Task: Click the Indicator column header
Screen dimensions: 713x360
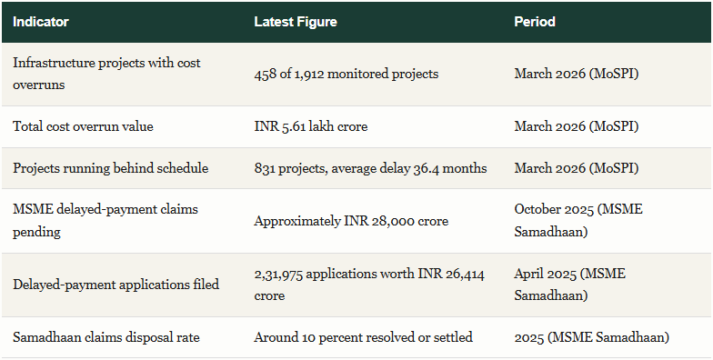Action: (x=40, y=22)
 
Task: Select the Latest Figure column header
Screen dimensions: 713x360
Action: (x=296, y=22)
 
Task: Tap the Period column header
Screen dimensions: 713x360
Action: (x=535, y=22)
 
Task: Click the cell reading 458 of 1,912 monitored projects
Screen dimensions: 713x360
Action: (x=346, y=74)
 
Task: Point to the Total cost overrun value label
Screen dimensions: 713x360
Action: (x=83, y=126)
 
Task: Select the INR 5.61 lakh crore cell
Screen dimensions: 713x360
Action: (x=311, y=126)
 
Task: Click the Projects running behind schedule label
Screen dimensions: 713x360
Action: (x=111, y=168)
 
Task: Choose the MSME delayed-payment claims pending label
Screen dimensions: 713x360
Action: (x=105, y=220)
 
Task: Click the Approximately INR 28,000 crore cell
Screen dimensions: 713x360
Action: (x=351, y=221)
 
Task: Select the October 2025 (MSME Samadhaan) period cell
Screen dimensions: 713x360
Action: (x=578, y=220)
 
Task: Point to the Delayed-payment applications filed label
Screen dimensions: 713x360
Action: (x=116, y=285)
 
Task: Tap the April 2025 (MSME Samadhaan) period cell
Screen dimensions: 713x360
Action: (x=569, y=285)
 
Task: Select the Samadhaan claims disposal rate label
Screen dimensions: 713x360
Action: (x=105, y=337)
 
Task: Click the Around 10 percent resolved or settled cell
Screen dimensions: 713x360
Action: (x=364, y=337)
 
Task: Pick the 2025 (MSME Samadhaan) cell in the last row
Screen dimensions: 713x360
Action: (x=591, y=337)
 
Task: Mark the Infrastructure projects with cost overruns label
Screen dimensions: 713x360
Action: (x=106, y=74)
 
